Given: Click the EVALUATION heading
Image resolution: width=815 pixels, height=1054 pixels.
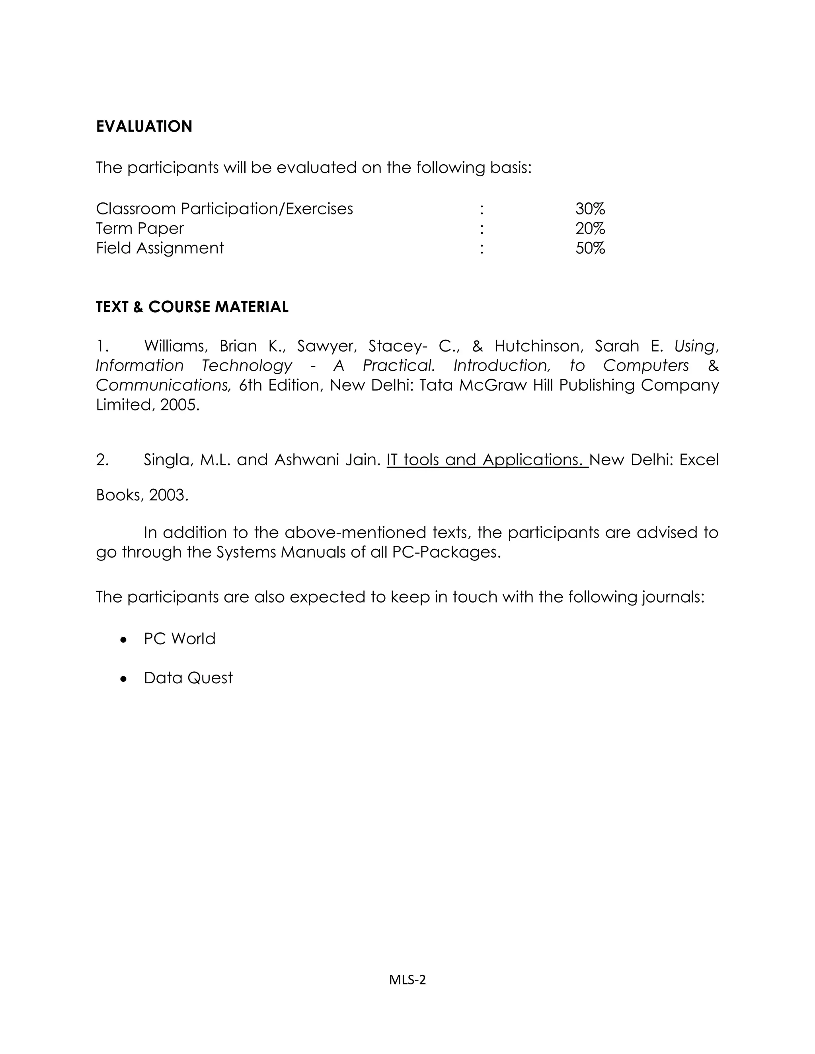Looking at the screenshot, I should pyautogui.click(x=144, y=126).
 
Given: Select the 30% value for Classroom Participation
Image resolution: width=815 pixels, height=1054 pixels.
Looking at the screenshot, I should pyautogui.click(x=590, y=209).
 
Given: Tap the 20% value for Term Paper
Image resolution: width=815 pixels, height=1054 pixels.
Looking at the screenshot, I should pyautogui.click(x=590, y=228).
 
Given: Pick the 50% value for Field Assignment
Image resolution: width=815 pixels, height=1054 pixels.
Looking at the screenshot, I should pyautogui.click(x=590, y=248).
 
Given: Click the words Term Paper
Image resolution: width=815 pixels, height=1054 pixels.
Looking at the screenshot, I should pyautogui.click(x=140, y=228).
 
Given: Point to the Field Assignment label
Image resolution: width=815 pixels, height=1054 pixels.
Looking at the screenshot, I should pyautogui.click(x=160, y=248).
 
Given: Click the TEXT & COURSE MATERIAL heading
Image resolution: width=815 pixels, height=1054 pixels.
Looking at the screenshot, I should pyautogui.click(x=192, y=307).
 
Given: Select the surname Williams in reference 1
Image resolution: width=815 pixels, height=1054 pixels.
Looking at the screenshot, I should pyautogui.click(x=176, y=346).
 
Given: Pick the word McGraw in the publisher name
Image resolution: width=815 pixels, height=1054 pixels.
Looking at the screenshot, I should pyautogui.click(x=493, y=385).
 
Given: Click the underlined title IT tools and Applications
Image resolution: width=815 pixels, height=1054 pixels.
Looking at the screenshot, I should pyautogui.click(x=487, y=460).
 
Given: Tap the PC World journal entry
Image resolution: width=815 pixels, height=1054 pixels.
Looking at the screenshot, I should pyautogui.click(x=179, y=639).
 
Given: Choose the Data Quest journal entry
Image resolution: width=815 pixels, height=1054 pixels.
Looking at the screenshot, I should pyautogui.click(x=188, y=678).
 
